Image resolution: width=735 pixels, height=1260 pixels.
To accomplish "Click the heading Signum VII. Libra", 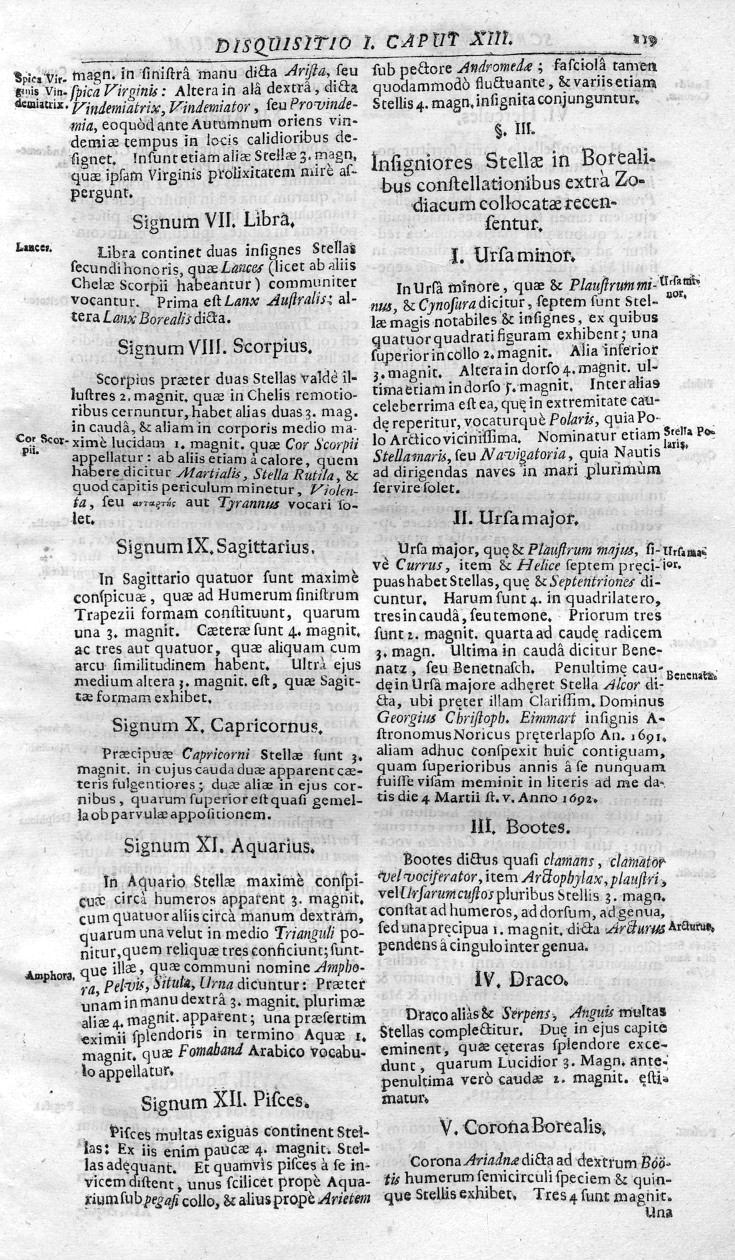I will coord(211,221).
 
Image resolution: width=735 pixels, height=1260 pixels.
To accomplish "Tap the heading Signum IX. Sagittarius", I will coord(213,547).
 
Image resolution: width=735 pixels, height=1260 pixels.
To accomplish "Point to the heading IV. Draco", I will coord(520,979).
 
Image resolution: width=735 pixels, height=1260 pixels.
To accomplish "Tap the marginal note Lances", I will coord(34,247).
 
